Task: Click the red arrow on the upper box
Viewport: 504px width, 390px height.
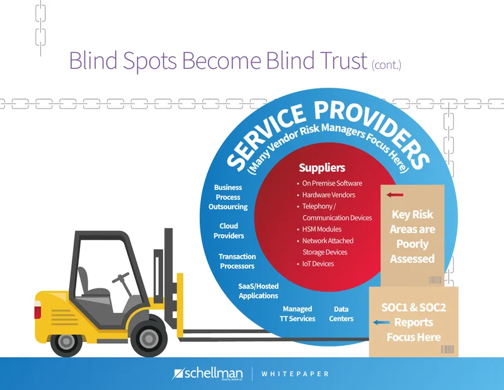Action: click(395, 195)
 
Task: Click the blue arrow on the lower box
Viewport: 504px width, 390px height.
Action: click(382, 322)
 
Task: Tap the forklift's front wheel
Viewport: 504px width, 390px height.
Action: click(148, 339)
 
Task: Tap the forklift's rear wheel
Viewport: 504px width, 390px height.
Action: click(67, 340)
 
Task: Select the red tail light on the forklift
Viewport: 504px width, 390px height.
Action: click(38, 310)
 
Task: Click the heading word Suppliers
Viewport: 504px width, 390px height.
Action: click(322, 168)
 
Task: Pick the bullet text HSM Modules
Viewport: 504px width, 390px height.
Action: click(322, 229)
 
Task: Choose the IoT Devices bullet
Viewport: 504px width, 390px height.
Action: click(318, 264)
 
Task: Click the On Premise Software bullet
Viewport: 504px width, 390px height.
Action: click(332, 183)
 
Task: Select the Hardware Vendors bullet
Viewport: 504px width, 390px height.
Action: click(328, 195)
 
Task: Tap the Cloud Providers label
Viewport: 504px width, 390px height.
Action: click(229, 231)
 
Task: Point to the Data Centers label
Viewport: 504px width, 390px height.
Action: click(341, 314)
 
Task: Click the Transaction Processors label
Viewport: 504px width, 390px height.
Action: click(238, 261)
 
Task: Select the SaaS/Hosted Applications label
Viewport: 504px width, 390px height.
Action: click(258, 291)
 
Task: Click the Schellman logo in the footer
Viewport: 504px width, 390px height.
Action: click(207, 374)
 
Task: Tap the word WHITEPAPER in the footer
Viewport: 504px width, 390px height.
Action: click(295, 374)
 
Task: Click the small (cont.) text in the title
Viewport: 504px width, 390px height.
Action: click(386, 65)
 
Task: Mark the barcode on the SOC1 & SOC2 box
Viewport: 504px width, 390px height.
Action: click(447, 349)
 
